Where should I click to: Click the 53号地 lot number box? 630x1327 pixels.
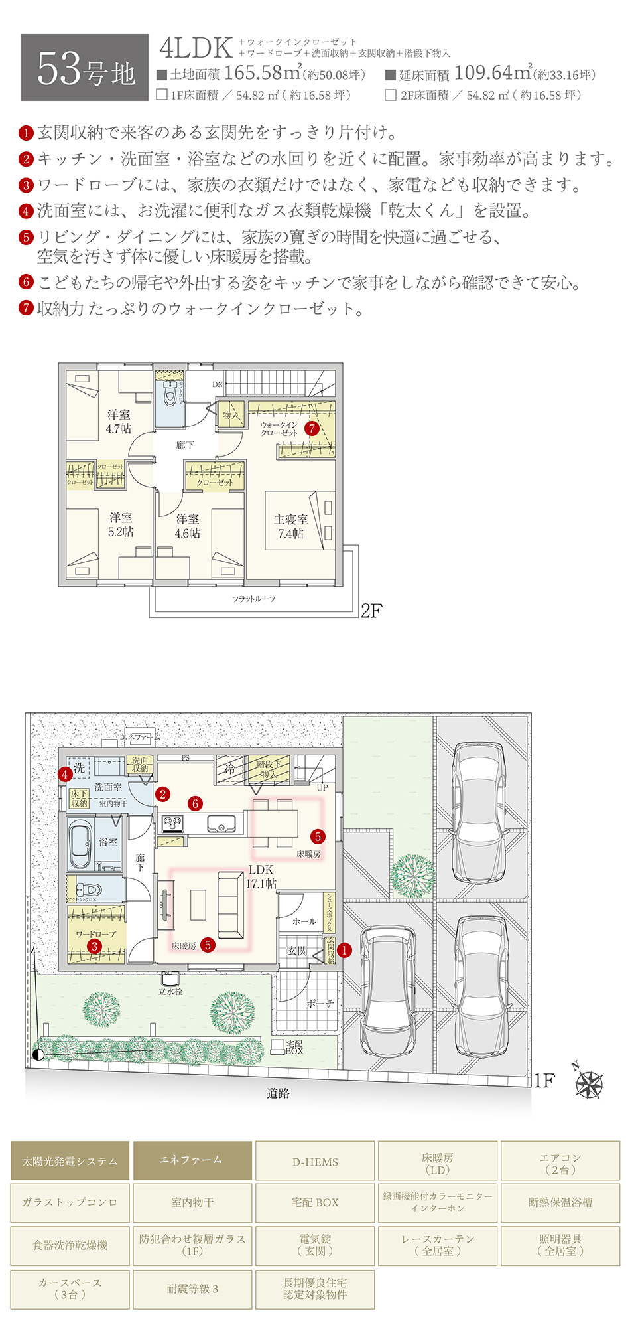click(x=85, y=68)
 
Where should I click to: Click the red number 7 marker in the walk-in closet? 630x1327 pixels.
click(x=312, y=428)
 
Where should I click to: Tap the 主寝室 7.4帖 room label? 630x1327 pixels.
click(x=290, y=526)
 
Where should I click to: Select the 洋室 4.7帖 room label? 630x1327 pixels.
click(x=119, y=422)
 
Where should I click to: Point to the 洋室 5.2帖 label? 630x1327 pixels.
click(x=121, y=524)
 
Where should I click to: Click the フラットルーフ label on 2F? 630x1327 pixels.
click(x=253, y=599)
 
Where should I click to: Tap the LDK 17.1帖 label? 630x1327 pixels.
click(x=261, y=876)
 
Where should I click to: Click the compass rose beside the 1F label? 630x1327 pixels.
click(x=588, y=1085)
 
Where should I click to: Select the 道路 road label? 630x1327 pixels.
click(x=278, y=1093)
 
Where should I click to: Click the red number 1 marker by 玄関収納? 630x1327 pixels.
click(x=344, y=950)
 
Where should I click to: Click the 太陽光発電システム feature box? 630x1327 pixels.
click(x=70, y=1161)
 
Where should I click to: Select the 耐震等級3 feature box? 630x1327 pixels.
click(x=192, y=1288)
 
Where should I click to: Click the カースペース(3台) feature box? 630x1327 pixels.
click(x=70, y=1288)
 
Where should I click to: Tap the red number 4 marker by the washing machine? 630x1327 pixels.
click(x=64, y=774)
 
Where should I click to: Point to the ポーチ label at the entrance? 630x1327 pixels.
click(x=320, y=1004)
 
